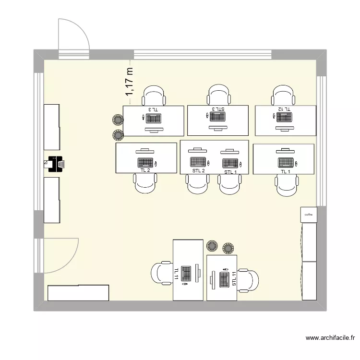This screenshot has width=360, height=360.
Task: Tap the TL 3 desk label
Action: tap(153, 109)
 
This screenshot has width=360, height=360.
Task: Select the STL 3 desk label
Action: tap(218, 109)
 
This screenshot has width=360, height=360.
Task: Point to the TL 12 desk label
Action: tap(284, 109)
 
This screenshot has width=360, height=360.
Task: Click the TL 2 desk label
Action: tap(145, 170)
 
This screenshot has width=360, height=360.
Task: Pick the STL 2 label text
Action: tap(199, 171)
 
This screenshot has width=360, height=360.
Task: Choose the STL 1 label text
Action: tap(230, 172)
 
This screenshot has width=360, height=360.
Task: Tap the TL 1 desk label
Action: tap(286, 171)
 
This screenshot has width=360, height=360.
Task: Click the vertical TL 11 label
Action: tap(177, 274)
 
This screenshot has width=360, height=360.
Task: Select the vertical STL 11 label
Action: tap(234, 279)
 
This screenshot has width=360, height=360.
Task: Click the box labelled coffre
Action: tap(309, 215)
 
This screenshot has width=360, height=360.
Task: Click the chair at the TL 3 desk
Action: tap(154, 95)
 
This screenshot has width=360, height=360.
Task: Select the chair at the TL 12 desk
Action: tap(284, 95)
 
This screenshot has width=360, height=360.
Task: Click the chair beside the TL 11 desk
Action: tap(161, 273)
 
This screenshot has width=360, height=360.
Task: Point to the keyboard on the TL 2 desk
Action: tap(145, 162)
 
